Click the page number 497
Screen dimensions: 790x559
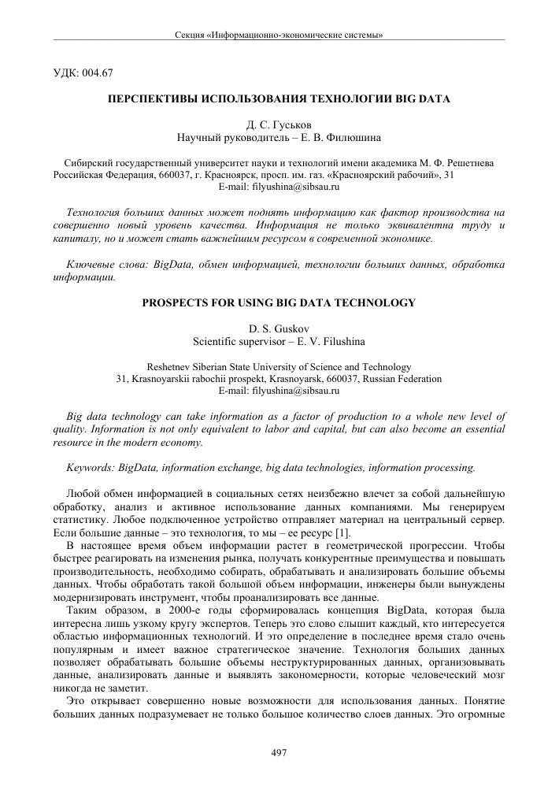tap(279, 754)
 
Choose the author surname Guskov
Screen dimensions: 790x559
tap(299, 327)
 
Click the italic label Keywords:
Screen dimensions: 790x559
tap(91, 467)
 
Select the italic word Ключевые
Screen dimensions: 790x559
tap(91, 264)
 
